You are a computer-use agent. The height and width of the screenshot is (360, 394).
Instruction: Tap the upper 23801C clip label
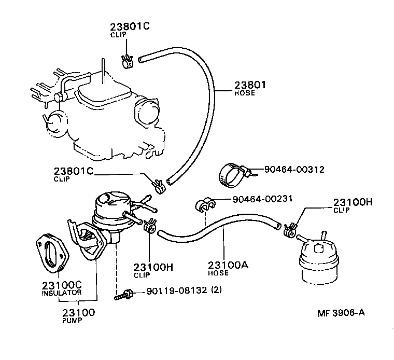(129, 27)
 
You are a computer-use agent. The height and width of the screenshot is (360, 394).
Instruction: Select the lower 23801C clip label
(73, 171)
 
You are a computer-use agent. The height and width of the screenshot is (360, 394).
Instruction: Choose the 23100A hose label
(229, 265)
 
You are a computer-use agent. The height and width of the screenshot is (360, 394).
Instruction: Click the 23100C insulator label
(62, 286)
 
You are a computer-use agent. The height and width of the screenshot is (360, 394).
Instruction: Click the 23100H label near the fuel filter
(353, 203)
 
